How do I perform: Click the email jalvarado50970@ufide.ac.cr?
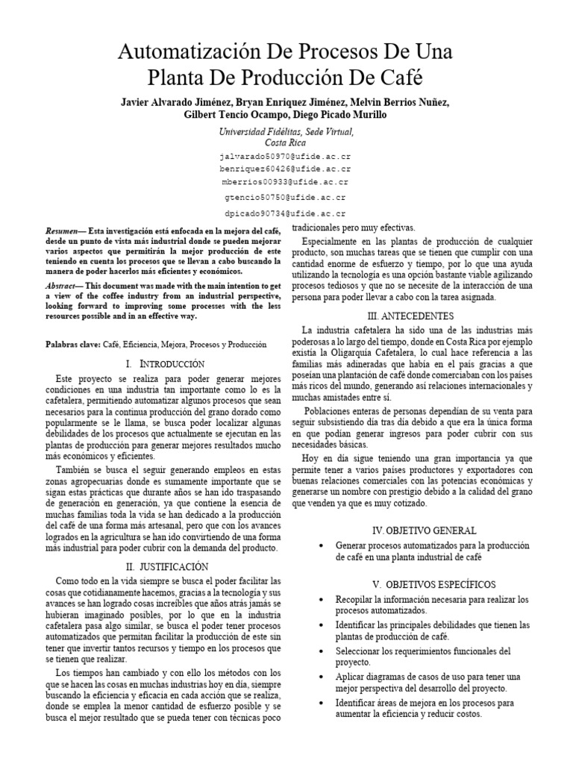point(286,158)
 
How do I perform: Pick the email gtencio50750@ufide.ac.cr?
point(286,198)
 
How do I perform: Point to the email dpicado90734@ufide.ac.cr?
point(286,213)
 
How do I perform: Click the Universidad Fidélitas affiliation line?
point(286,131)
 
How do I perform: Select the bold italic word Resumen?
point(62,233)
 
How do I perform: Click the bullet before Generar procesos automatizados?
point(320,546)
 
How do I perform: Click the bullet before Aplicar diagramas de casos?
point(320,677)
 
